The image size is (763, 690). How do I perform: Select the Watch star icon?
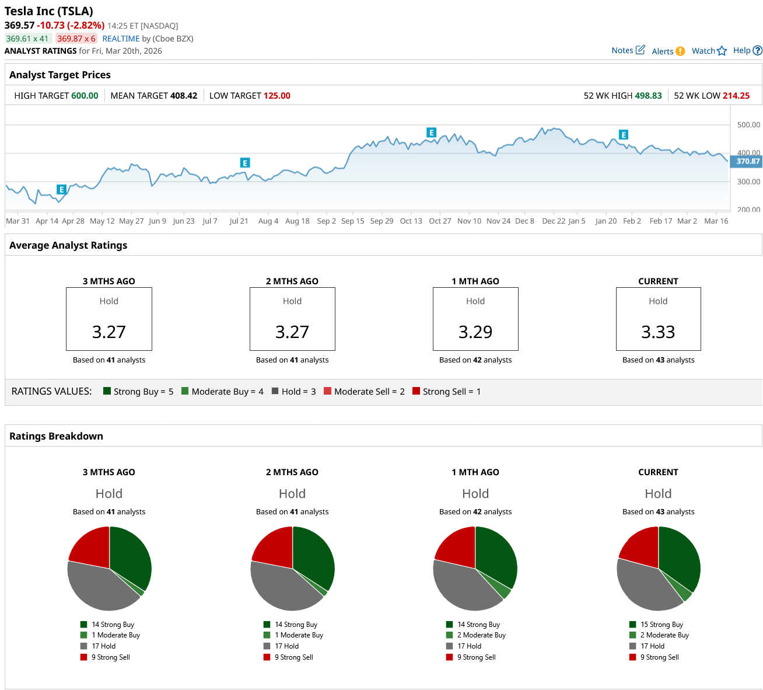(x=722, y=51)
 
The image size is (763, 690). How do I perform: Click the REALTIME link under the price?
(x=121, y=39)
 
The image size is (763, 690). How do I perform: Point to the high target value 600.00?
(x=85, y=96)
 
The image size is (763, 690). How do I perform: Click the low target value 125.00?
(x=277, y=96)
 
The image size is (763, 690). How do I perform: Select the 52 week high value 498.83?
(x=648, y=96)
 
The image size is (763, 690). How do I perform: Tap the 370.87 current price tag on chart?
(x=748, y=162)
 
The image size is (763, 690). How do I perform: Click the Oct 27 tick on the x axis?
(x=440, y=221)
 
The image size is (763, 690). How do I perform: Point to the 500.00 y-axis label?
(x=748, y=125)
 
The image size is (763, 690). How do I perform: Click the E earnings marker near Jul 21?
(x=245, y=163)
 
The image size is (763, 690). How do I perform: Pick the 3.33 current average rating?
(x=658, y=332)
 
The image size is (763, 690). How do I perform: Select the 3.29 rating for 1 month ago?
(x=475, y=332)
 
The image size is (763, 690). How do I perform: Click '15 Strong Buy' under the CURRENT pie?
(x=661, y=625)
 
